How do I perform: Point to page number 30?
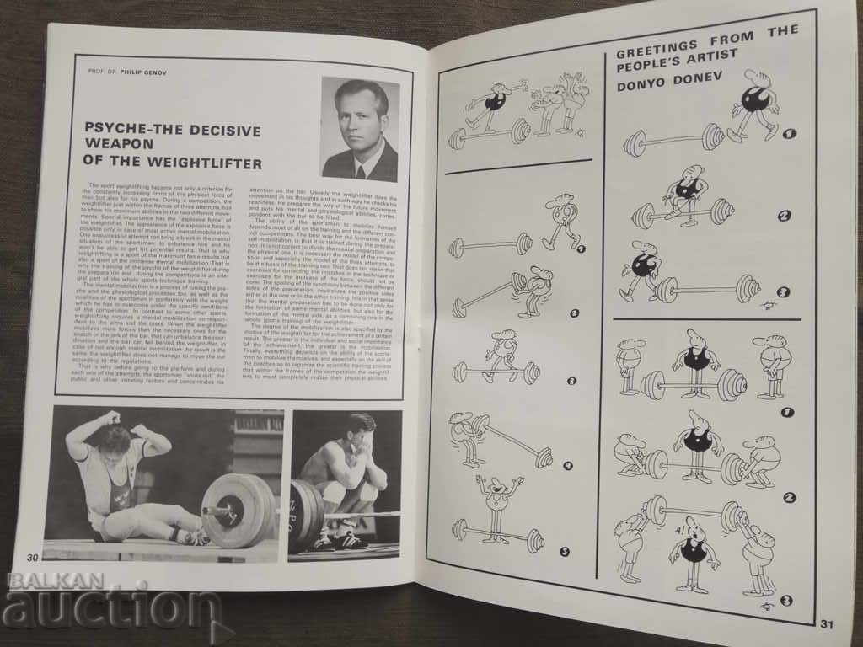(x=34, y=557)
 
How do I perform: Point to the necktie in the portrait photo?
(x=360, y=171)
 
